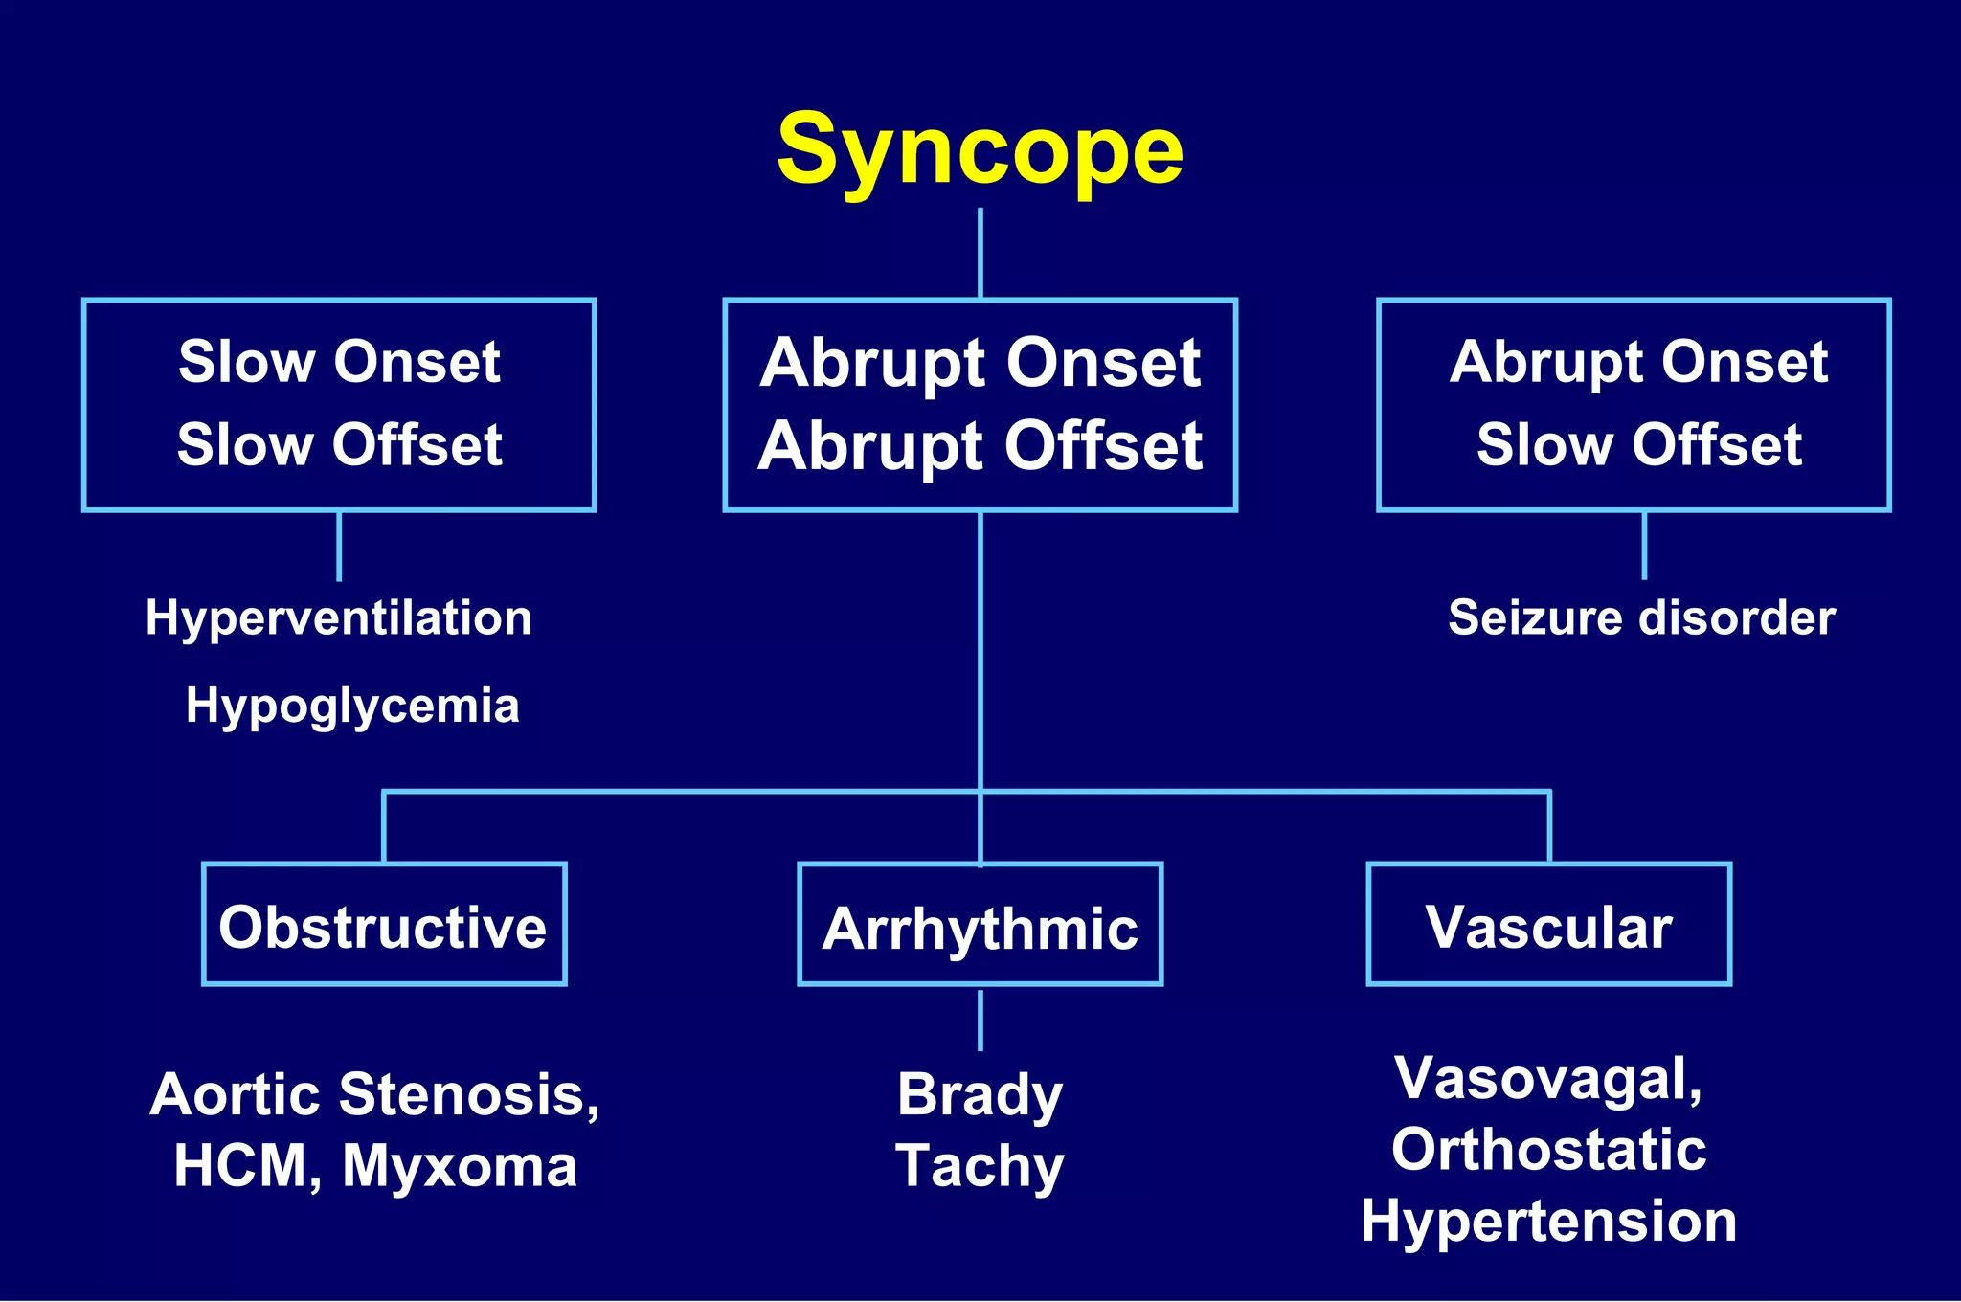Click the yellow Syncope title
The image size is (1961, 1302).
point(980,151)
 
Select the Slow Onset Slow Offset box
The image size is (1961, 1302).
point(339,404)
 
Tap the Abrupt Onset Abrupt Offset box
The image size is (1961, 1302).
point(980,404)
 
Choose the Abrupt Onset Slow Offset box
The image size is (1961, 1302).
point(1634,404)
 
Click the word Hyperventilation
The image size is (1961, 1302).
point(339,618)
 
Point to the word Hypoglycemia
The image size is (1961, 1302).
point(352,707)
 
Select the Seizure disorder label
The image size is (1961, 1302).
point(1641,617)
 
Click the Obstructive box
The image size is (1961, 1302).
point(384,925)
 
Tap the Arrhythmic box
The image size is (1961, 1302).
point(980,925)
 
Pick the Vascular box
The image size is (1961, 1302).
point(1548,925)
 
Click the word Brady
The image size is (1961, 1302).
point(980,1094)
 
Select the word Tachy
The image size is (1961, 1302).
point(980,1166)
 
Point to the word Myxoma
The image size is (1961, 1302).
point(460,1166)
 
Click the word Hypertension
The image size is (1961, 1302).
point(1548,1222)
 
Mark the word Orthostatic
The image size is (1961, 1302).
point(1548,1150)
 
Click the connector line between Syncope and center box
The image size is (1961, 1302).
point(980,253)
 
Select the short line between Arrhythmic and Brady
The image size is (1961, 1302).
point(980,1021)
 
